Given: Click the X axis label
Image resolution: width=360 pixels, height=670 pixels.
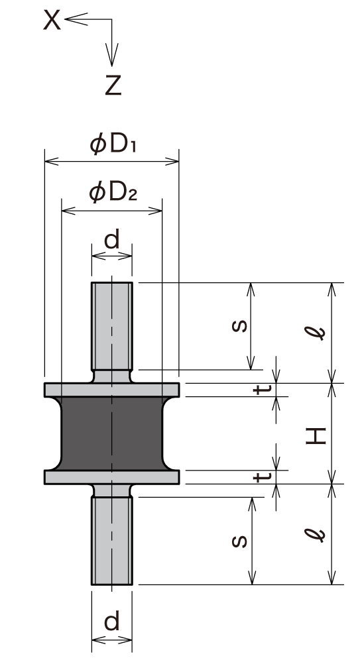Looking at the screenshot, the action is pos(52,21).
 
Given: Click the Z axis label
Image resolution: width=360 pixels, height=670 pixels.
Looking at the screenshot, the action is pos(113,85).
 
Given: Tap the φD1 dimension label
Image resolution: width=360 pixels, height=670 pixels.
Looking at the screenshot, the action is pos(113,145).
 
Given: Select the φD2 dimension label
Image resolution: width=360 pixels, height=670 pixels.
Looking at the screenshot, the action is pos(113,193).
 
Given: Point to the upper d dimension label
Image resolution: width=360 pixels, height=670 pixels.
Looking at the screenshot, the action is pos(112,240).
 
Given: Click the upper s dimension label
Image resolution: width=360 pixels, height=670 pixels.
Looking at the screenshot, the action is pos(239,326).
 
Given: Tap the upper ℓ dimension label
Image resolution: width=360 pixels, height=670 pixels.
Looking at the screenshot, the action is pos(315,333).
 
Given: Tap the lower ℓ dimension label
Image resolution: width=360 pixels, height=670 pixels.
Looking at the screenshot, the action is pos(315,535).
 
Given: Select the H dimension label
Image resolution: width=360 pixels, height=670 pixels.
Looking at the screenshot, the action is pos(316,436).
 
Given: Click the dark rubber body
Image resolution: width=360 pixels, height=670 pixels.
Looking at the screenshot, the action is pos(112,433).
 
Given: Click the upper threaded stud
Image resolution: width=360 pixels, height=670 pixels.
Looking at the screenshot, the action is pos(112,326).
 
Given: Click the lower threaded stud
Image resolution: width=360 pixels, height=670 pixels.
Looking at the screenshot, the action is pos(112,541).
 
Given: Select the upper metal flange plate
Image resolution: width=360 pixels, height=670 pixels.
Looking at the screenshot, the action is pos(112,390).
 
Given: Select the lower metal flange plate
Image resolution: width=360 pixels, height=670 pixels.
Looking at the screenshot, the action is pos(112,477).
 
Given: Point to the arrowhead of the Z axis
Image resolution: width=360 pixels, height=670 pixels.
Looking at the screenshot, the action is pos(112,65).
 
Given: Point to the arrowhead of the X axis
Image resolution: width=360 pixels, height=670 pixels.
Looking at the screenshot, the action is pos(66,19).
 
